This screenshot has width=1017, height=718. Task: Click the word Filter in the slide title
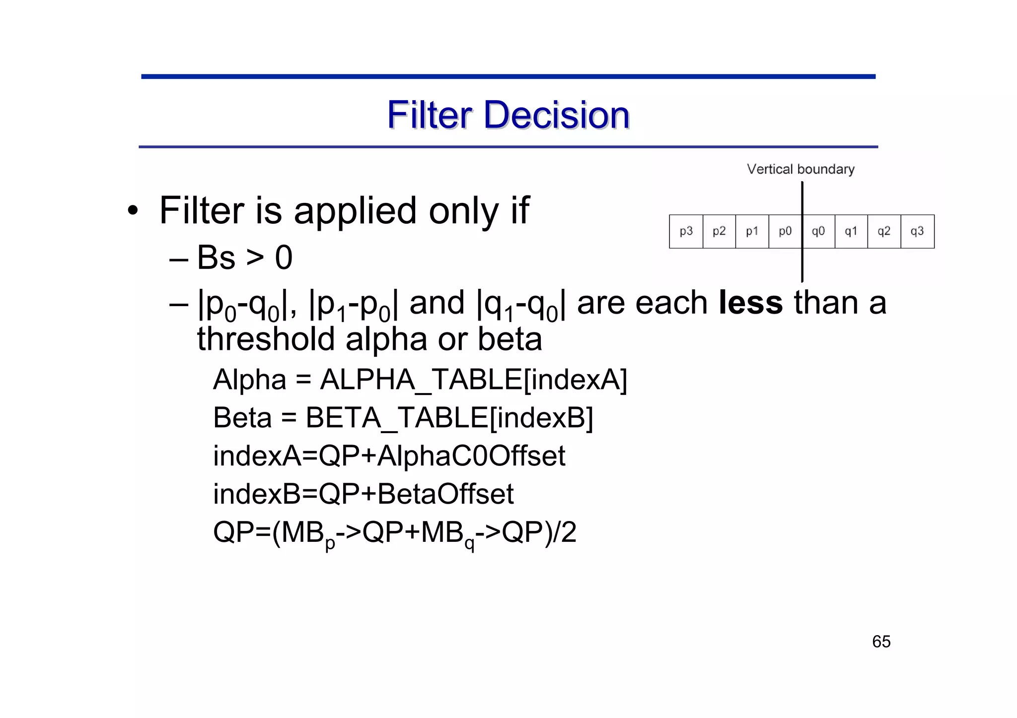430,115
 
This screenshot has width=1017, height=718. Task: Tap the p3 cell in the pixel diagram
686,231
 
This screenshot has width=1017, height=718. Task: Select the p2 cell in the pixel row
719,231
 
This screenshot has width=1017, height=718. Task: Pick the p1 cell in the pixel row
752,231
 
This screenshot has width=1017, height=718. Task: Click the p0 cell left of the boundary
785,231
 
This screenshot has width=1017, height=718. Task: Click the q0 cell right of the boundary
818,231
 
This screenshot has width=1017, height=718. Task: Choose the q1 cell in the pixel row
851,231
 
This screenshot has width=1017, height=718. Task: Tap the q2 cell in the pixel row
884,231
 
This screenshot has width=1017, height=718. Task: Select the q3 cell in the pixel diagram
917,231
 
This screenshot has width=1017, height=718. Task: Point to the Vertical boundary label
800,169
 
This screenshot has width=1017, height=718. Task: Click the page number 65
881,642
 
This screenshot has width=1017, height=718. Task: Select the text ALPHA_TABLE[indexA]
474,380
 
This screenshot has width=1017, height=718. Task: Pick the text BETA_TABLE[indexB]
449,418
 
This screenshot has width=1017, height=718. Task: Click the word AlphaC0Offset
471,456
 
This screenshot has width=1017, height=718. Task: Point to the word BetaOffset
445,494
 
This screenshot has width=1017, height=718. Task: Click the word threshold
266,339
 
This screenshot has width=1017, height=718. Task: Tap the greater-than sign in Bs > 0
255,259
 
